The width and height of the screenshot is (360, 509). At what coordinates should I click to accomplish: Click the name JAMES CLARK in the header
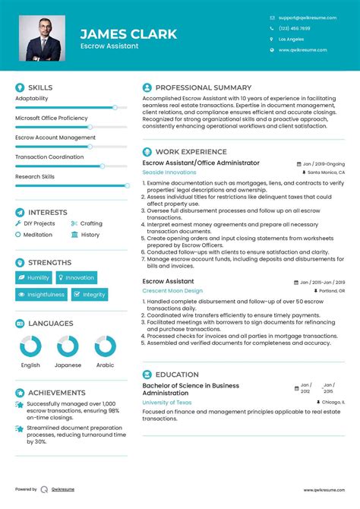click(x=128, y=33)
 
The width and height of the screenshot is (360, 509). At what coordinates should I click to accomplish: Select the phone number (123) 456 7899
click(x=294, y=28)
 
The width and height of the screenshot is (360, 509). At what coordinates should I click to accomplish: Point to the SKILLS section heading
click(x=39, y=87)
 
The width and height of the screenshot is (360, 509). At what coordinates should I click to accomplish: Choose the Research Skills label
click(x=35, y=176)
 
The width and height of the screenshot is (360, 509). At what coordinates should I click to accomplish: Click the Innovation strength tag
click(x=76, y=278)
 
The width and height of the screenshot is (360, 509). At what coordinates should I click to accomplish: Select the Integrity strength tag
click(x=90, y=295)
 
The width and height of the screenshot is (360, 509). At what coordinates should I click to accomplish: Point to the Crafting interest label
click(x=91, y=223)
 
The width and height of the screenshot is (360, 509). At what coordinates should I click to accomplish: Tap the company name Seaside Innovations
click(x=169, y=172)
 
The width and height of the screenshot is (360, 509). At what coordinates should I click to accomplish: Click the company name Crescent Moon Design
click(x=172, y=290)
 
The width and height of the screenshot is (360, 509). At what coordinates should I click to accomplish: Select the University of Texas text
click(x=166, y=402)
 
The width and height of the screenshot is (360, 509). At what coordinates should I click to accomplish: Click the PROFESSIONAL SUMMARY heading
click(x=203, y=87)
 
